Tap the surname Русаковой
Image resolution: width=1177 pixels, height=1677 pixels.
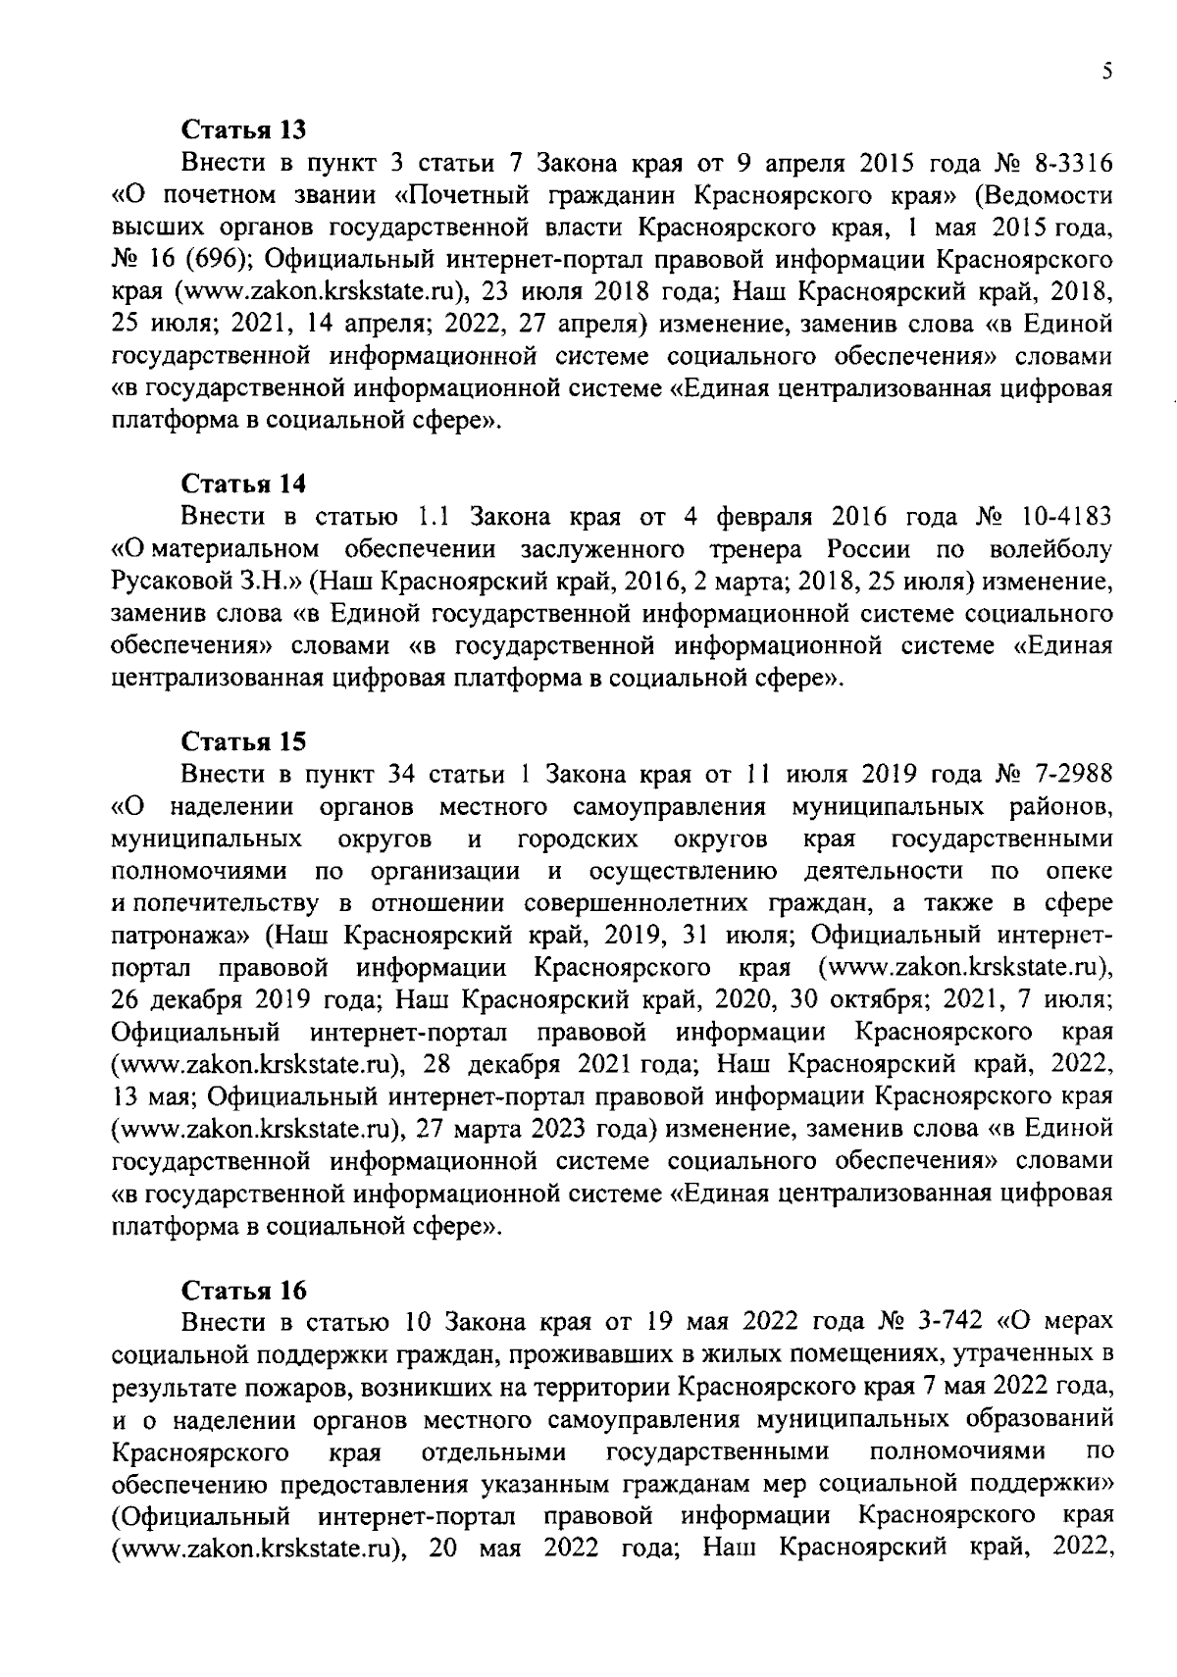[170, 582]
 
